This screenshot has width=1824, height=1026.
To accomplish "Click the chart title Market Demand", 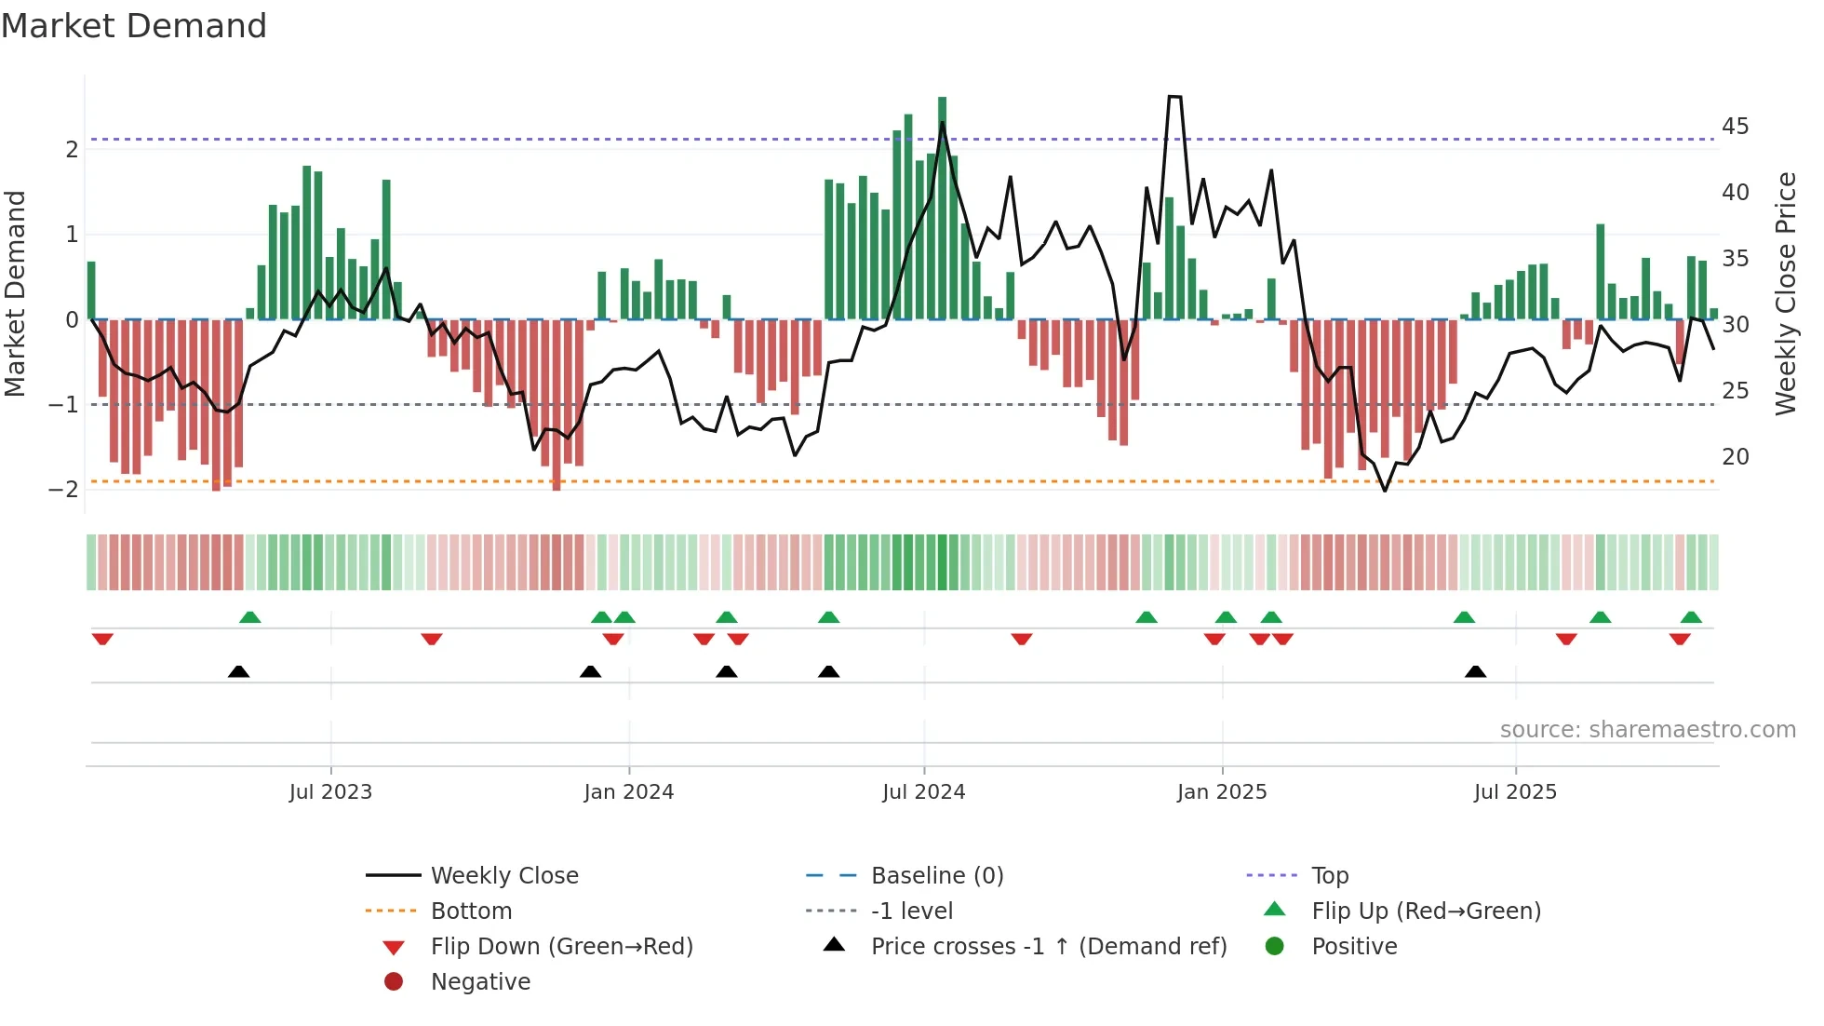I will (x=134, y=26).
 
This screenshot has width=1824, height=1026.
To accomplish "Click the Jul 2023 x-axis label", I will (x=330, y=792).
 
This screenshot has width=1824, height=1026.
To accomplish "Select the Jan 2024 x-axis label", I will (x=628, y=792).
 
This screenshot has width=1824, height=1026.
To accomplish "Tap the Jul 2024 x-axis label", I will (x=923, y=792).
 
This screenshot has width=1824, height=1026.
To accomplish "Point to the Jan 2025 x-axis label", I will (x=1221, y=792).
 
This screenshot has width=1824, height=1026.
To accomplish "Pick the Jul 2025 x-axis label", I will (x=1515, y=792).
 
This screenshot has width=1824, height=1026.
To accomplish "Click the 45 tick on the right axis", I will (x=1735, y=127).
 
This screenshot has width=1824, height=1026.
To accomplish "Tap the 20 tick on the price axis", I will (x=1735, y=457).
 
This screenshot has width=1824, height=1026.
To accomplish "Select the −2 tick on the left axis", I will (x=63, y=490).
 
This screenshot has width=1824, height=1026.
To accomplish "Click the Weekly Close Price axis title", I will (x=1785, y=293).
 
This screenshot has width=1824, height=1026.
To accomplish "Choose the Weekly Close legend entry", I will (x=503, y=876).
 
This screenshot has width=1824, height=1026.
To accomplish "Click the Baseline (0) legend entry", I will (x=936, y=876).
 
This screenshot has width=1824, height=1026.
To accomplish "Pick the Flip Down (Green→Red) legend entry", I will (x=561, y=947).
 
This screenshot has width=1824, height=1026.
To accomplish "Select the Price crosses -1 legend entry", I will (x=1048, y=947).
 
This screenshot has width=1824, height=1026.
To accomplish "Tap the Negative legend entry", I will (x=480, y=982).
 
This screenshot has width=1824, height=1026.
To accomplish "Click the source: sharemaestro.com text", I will (x=1647, y=730).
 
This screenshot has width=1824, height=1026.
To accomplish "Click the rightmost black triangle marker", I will (x=1475, y=671).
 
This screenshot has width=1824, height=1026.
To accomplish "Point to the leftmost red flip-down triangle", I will (x=102, y=639).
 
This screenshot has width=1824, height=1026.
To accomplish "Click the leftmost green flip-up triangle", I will (x=249, y=617).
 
